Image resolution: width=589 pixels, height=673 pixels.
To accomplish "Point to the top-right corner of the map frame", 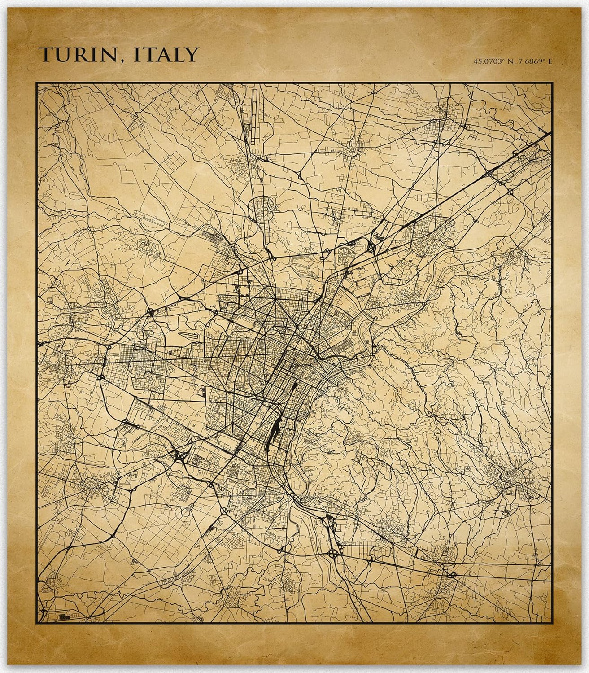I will (551, 83).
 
